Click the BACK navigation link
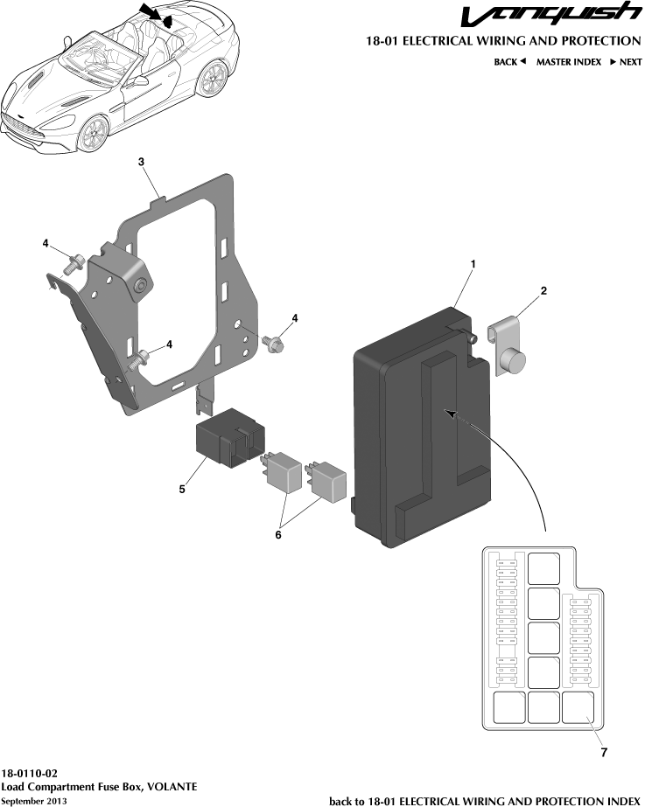point(509,62)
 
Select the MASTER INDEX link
point(568,62)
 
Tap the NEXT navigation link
point(626,62)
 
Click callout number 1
point(473,263)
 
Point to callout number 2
point(543,291)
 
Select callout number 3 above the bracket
point(141,162)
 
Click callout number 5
point(182,490)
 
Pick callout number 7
point(605,751)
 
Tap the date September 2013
point(34,801)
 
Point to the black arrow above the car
point(147,11)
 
